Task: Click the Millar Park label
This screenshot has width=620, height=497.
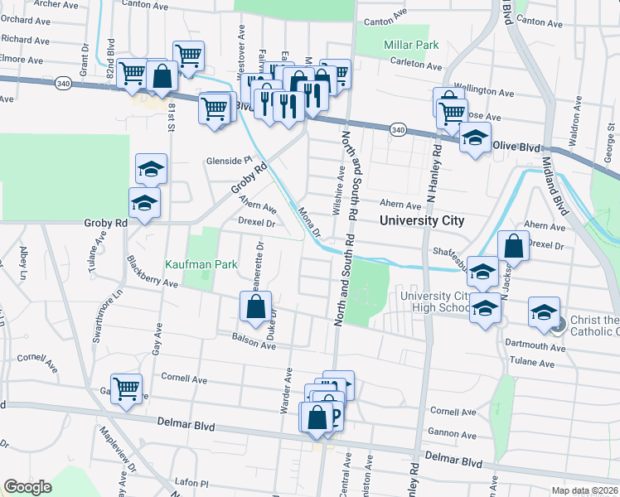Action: pos(411,44)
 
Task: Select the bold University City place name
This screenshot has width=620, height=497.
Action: pos(422,221)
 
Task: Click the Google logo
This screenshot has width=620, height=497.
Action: pos(27,487)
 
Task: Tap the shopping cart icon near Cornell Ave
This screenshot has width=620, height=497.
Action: pos(126,388)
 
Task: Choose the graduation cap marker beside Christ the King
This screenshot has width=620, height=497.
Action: pos(544,312)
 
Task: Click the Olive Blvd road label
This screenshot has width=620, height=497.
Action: pos(516,145)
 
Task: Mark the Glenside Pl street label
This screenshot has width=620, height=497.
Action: pos(230,161)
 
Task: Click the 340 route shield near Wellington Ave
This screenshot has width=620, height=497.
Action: pos(399,130)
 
